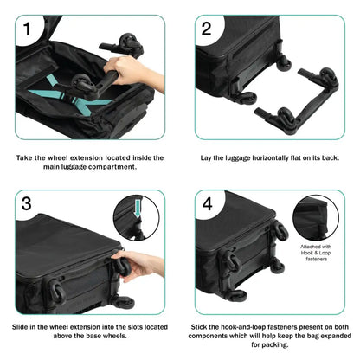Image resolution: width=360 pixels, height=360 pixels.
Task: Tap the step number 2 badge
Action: coord(206,29)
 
